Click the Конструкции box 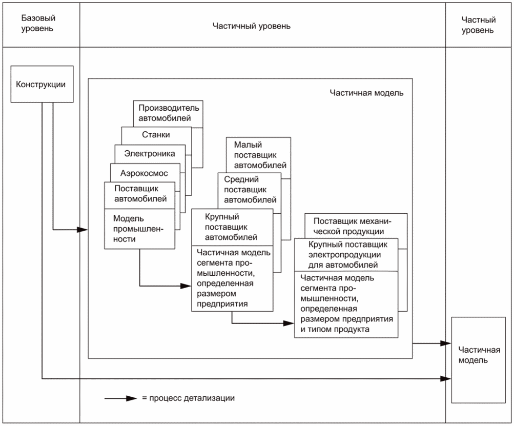coord(41,84)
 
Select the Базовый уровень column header coord(38,23)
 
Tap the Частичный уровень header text coord(252,26)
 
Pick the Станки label coord(156,135)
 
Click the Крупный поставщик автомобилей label coord(231,227)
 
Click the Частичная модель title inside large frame coord(366,93)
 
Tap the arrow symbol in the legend coord(120,398)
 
